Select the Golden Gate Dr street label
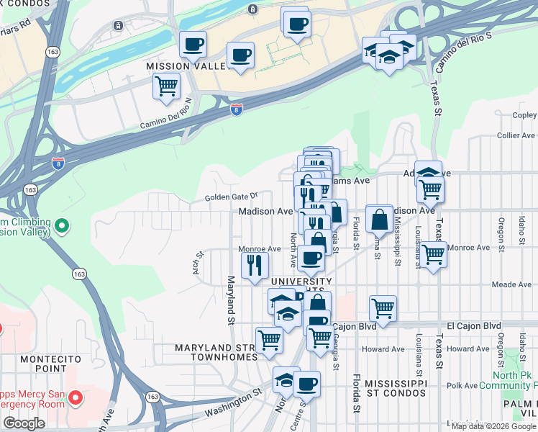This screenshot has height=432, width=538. (x=231, y=197)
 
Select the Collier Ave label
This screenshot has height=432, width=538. (x=516, y=135)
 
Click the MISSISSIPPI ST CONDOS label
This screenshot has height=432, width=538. (x=395, y=388)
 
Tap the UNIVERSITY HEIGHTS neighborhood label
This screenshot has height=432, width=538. (x=300, y=287)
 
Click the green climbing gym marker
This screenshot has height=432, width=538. (x=62, y=226)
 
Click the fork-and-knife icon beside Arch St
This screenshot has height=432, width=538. (x=254, y=265)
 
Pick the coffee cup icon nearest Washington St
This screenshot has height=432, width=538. (x=307, y=384)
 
